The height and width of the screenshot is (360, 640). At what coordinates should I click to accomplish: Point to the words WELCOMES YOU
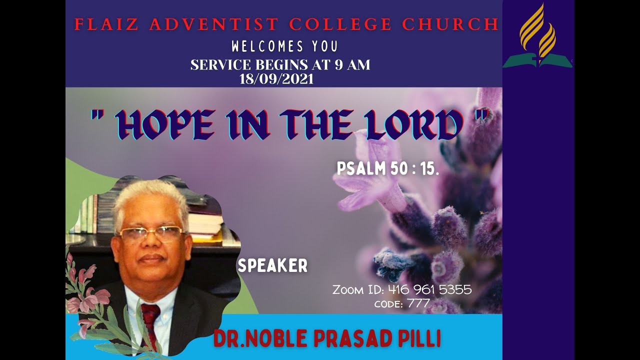[284, 47]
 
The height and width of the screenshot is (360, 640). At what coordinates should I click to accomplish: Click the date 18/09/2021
[276, 79]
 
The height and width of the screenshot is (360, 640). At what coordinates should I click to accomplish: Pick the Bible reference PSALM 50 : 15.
[387, 169]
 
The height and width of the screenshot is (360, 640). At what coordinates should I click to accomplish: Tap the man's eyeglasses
[150, 233]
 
